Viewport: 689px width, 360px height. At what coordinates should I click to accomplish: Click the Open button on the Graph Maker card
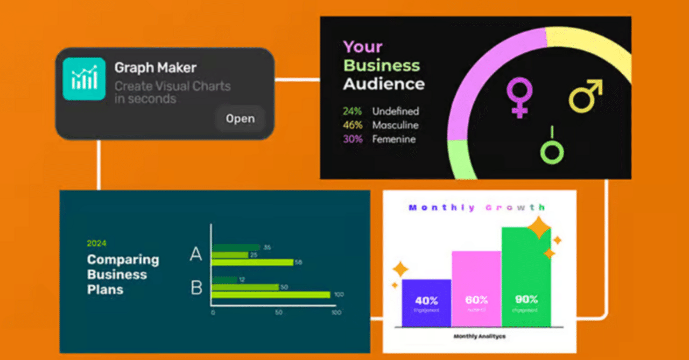pos(240,119)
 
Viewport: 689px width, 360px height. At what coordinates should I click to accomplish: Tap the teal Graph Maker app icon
pos(84,79)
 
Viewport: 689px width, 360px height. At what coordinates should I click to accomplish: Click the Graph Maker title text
pos(155,68)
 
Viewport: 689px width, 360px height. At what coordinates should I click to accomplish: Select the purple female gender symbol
pos(519,97)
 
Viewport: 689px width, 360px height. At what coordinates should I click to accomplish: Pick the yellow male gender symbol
pos(586,96)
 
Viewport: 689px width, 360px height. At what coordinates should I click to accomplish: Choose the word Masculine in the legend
pos(395,125)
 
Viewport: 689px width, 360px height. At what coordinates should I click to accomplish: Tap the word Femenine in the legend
pos(393,139)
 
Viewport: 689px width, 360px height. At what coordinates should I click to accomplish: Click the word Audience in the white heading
pos(384,84)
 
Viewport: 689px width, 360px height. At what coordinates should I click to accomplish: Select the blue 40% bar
pos(426,302)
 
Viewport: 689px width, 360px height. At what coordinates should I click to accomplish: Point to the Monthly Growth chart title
pos(476,208)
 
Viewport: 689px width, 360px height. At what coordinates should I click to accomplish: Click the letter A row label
pos(196,254)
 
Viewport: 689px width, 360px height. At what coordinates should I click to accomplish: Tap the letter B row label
pos(196,287)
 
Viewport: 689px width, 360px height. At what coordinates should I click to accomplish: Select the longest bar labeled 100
pos(271,294)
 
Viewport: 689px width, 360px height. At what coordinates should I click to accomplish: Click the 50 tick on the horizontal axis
pos(279,313)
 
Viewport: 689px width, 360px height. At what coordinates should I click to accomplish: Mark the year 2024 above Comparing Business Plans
pos(96,243)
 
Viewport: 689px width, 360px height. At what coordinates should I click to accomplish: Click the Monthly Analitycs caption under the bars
pos(479,336)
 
